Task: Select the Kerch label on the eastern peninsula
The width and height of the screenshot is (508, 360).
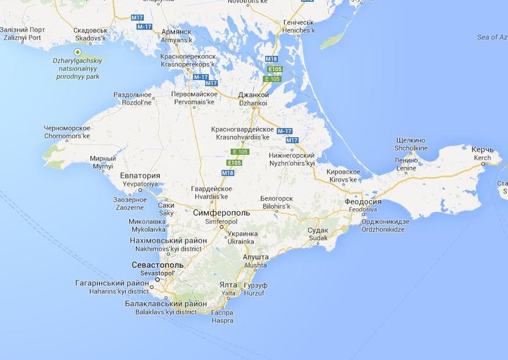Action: coord(482,153)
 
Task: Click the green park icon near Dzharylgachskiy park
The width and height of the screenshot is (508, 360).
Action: coord(78,52)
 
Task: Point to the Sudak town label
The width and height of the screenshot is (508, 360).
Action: coord(318,234)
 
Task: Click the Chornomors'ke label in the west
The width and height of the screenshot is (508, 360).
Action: coord(67,132)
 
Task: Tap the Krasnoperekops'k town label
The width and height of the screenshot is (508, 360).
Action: coord(187,60)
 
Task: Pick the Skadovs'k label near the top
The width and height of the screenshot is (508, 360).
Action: coord(91,34)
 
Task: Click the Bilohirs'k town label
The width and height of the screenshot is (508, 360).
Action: coord(276,203)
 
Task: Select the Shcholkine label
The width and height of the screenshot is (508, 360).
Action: coord(411,144)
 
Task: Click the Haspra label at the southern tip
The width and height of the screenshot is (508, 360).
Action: coord(223,316)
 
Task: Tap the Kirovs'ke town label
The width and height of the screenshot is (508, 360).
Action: coord(343,176)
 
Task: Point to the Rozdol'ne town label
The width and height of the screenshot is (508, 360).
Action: coord(132,99)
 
